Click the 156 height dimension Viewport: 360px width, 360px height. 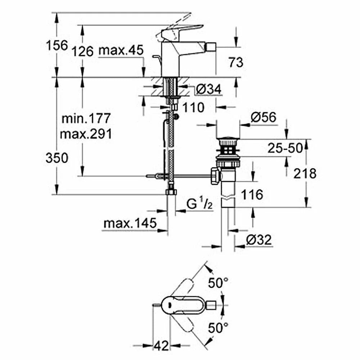pos(57,45)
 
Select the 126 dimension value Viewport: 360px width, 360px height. pos(83,51)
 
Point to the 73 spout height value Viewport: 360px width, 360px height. pos(236,62)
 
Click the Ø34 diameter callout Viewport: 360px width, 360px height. pos(209,89)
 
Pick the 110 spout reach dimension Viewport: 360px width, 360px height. pos(193,107)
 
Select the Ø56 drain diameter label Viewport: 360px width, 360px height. pos(264,117)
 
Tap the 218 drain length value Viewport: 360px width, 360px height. pos(305,174)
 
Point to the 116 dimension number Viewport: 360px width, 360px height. pos(252,195)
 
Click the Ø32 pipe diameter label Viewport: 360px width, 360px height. pos(259,240)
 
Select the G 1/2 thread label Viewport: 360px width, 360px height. pos(199,204)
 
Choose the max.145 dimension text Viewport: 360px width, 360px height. pos(130,223)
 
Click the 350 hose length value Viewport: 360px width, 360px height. pos(57,158)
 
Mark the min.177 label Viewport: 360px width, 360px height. pos(86,118)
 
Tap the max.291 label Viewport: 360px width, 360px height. pos(86,134)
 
